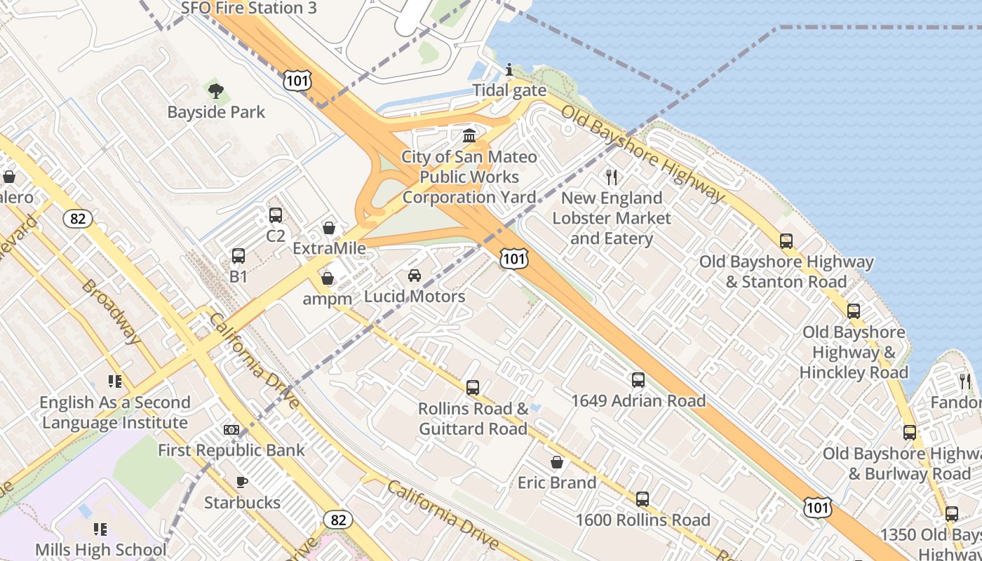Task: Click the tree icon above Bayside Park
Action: (x=215, y=90)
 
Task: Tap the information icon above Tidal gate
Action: (x=509, y=69)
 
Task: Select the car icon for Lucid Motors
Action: (x=415, y=275)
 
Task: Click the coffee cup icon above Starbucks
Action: (x=241, y=481)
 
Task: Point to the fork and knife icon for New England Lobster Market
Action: (x=612, y=177)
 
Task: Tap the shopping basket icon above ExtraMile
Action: (x=328, y=228)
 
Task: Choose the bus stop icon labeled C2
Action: (x=276, y=215)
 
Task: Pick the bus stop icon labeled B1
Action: (x=238, y=256)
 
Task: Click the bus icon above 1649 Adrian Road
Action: (x=638, y=380)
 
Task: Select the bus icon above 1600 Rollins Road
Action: (x=642, y=499)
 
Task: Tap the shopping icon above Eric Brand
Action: (x=557, y=462)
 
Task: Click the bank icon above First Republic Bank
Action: (x=231, y=429)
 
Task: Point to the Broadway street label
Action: (x=111, y=311)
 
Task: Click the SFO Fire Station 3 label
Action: (x=249, y=8)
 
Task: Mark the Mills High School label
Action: (x=101, y=550)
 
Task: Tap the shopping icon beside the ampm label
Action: (x=327, y=278)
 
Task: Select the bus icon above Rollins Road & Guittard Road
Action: (x=473, y=387)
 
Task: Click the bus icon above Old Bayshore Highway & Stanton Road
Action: (x=786, y=241)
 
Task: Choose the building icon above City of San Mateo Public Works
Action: (x=469, y=135)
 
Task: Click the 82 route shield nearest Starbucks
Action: (x=338, y=520)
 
